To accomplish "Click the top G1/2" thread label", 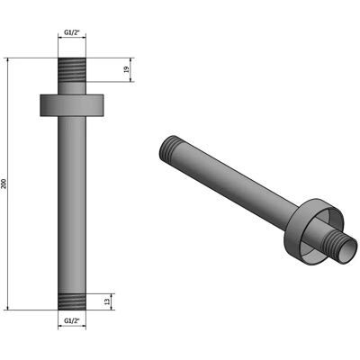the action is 72,31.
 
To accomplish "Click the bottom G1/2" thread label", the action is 72,320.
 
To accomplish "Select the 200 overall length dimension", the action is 4,184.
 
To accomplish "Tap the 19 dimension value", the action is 127,69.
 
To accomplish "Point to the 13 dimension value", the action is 107,301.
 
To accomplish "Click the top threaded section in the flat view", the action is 72,69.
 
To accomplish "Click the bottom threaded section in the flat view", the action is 72,301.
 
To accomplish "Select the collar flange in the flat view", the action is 72,105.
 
